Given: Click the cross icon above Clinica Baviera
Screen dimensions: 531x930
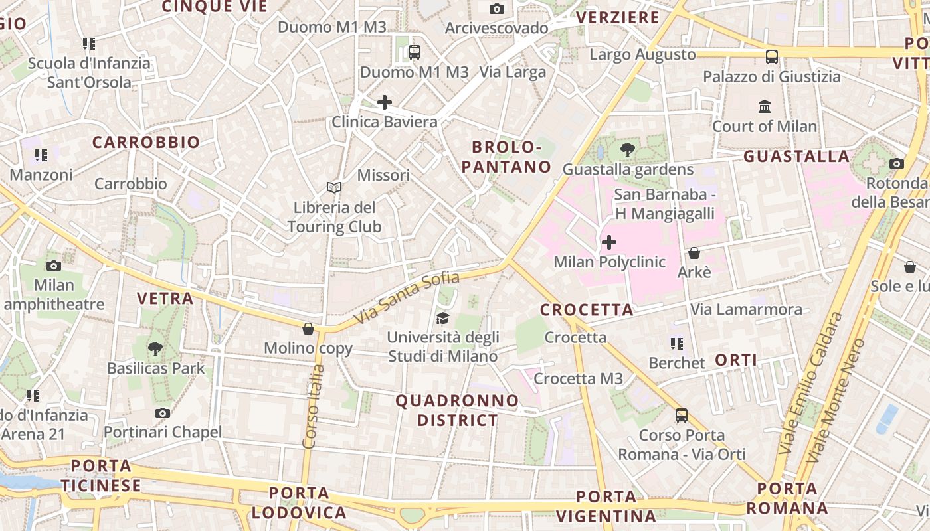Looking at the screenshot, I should click(384, 102).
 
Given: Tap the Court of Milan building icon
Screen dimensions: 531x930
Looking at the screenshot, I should click(765, 106).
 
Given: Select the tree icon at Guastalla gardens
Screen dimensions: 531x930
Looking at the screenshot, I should click(627, 150).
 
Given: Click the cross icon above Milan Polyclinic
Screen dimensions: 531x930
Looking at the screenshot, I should click(608, 242).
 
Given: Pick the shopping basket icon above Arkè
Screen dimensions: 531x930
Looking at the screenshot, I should click(694, 253).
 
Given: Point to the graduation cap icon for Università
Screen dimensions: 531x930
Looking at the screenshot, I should click(442, 318).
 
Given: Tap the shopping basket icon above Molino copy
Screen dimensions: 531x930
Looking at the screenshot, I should click(308, 329).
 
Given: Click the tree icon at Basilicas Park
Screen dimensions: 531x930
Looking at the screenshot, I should click(155, 348).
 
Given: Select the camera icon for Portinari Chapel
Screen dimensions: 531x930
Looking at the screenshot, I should click(163, 413).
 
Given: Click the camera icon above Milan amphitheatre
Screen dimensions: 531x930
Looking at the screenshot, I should click(54, 265).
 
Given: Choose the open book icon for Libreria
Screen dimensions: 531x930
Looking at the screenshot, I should click(333, 188).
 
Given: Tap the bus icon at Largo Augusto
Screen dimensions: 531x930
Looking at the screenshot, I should click(771, 56).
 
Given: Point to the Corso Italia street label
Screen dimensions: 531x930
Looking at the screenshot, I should click(313, 406).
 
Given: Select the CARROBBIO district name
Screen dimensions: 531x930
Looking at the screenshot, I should click(145, 142).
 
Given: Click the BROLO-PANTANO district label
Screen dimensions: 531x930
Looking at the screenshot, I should click(507, 157).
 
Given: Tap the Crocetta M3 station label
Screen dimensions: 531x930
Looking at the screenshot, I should click(579, 379).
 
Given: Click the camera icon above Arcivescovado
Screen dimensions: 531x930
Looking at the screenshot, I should click(497, 9).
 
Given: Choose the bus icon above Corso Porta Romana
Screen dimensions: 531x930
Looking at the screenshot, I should click(682, 416).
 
